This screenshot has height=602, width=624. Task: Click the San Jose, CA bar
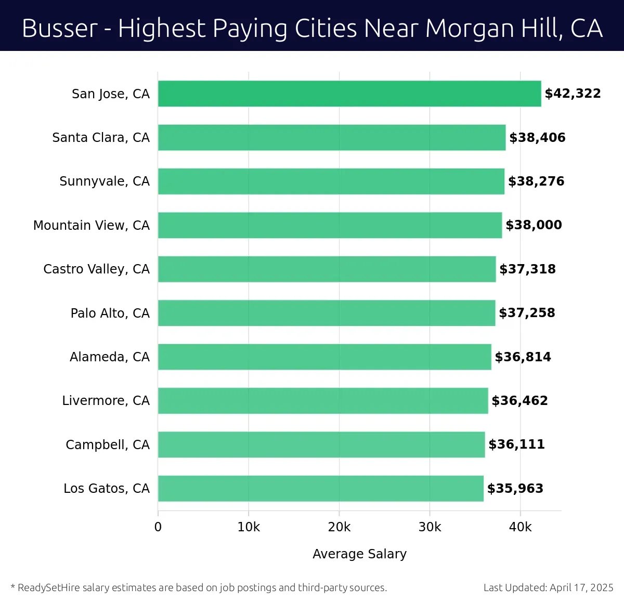(349, 94)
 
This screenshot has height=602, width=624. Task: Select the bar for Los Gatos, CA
(320, 488)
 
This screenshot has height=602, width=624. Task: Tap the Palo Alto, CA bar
(327, 313)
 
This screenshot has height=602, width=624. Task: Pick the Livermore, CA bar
(323, 400)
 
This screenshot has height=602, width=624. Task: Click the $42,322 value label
(573, 94)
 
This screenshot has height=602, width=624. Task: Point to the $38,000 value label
(534, 225)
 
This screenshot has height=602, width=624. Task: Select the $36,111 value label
(516, 444)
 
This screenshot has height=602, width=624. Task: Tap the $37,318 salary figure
(527, 269)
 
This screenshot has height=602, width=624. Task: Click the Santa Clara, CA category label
(101, 138)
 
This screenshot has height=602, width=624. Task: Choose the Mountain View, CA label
(92, 225)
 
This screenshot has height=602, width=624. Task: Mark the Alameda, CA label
(110, 357)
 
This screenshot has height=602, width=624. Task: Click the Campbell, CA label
(108, 444)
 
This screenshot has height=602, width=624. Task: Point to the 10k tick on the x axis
(249, 527)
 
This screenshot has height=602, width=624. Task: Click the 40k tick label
(520, 527)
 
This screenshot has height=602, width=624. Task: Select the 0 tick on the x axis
(158, 527)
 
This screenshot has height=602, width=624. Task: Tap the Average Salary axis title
(359, 554)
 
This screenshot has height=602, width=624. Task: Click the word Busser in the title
(60, 28)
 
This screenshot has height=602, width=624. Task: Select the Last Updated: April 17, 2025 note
(548, 587)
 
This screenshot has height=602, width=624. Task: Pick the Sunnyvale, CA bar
(331, 181)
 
